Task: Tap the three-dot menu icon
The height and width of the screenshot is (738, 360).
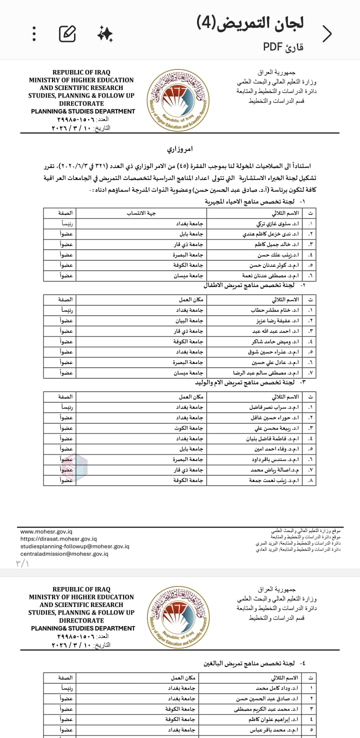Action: click(34, 33)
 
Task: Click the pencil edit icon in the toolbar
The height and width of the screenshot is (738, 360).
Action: click(67, 33)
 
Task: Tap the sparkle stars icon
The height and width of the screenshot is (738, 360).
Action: click(105, 33)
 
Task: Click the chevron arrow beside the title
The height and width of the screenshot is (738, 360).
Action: click(327, 33)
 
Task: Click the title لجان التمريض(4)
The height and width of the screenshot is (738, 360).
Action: click(250, 23)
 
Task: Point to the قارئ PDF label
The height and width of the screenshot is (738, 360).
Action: click(283, 47)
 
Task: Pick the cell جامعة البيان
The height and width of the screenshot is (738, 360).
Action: click(191, 320)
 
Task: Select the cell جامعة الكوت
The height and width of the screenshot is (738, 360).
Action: click(191, 428)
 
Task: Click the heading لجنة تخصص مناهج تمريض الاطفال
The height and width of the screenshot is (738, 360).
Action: click(253, 285)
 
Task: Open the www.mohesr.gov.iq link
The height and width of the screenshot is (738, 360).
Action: click(46, 532)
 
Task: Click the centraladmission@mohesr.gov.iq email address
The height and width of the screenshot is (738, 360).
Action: click(64, 553)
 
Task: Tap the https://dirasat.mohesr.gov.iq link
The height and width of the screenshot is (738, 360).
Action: click(58, 539)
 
